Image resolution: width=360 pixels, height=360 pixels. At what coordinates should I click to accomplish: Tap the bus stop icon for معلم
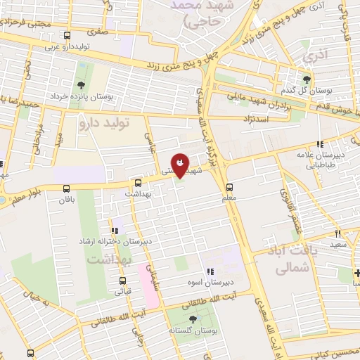229,186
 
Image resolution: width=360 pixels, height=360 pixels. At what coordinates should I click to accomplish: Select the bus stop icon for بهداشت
138,181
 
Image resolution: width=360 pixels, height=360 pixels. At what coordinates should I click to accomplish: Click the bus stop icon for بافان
66,188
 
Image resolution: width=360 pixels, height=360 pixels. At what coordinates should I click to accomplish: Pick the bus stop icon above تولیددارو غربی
67,35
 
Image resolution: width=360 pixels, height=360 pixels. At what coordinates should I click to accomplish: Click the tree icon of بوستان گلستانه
193,319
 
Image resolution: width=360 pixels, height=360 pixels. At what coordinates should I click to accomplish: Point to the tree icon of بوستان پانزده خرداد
82,86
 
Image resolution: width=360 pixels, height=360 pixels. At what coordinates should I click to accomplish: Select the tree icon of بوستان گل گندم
307,79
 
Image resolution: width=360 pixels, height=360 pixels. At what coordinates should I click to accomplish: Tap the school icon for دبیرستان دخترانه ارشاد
114,230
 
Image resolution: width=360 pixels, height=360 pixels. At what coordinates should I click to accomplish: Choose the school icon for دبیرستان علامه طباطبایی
320,144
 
